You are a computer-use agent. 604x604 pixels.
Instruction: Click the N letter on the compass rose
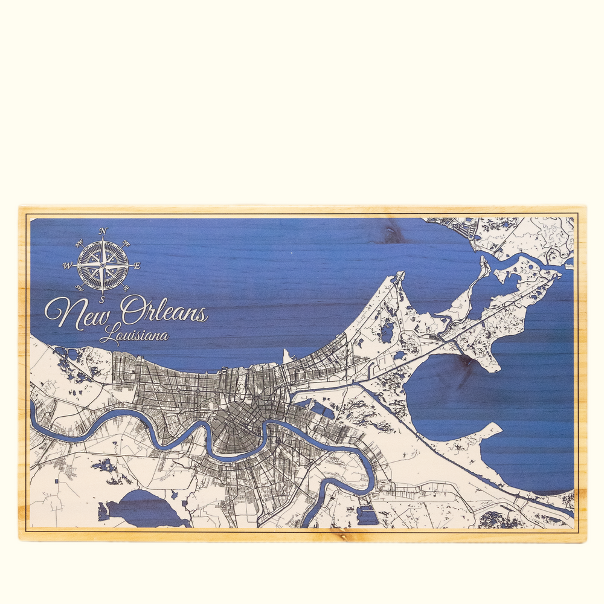click(x=103, y=231)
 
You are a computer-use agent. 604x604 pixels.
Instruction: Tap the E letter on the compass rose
click(x=137, y=265)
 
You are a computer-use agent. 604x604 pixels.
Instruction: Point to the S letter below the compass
click(x=103, y=299)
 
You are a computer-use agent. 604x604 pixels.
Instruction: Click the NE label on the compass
click(x=126, y=243)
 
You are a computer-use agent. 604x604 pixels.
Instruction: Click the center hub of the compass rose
click(x=103, y=265)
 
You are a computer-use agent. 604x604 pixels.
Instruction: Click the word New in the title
click(x=77, y=312)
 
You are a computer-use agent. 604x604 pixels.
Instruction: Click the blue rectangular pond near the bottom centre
click(x=367, y=515)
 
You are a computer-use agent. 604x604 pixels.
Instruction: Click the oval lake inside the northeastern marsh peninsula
click(x=387, y=331)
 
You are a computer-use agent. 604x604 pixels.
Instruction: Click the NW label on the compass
click(x=80, y=243)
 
